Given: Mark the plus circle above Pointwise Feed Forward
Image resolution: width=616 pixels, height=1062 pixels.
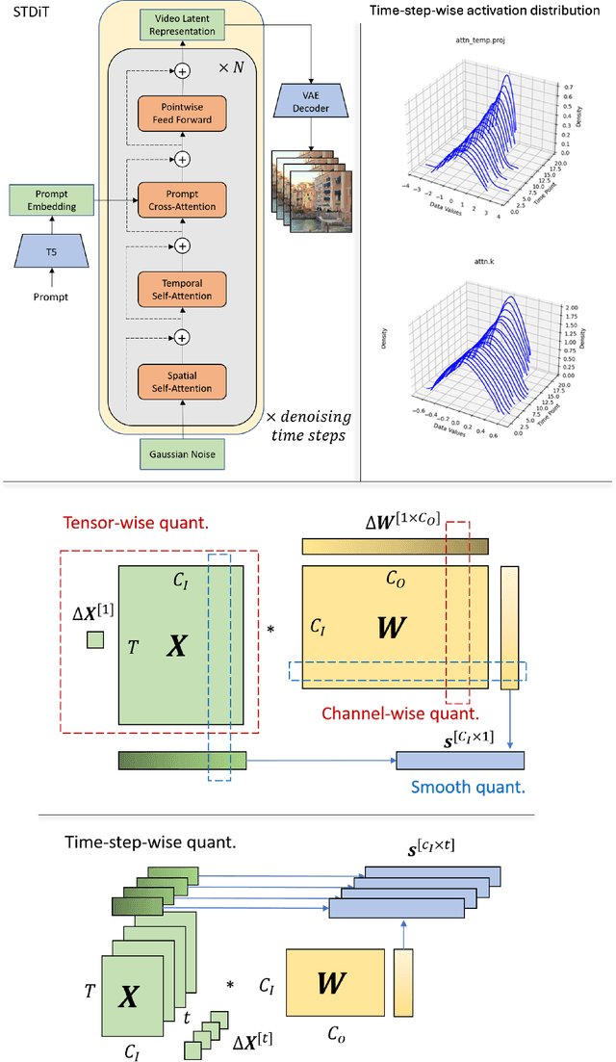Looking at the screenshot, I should [180, 69].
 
